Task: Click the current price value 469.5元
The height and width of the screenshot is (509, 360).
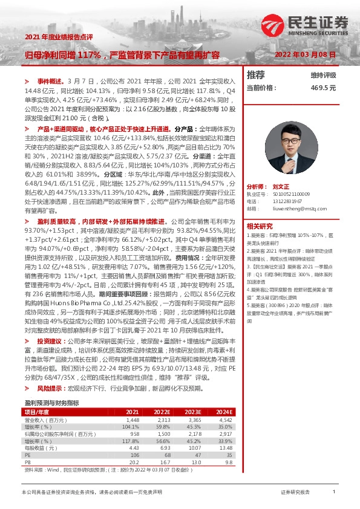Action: (322, 88)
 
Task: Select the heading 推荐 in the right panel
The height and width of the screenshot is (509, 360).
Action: (257, 76)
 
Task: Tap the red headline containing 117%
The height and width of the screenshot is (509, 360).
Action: (122, 54)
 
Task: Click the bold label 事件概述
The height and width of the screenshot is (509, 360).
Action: (50, 80)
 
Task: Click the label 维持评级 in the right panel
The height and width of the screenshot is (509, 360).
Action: (323, 76)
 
